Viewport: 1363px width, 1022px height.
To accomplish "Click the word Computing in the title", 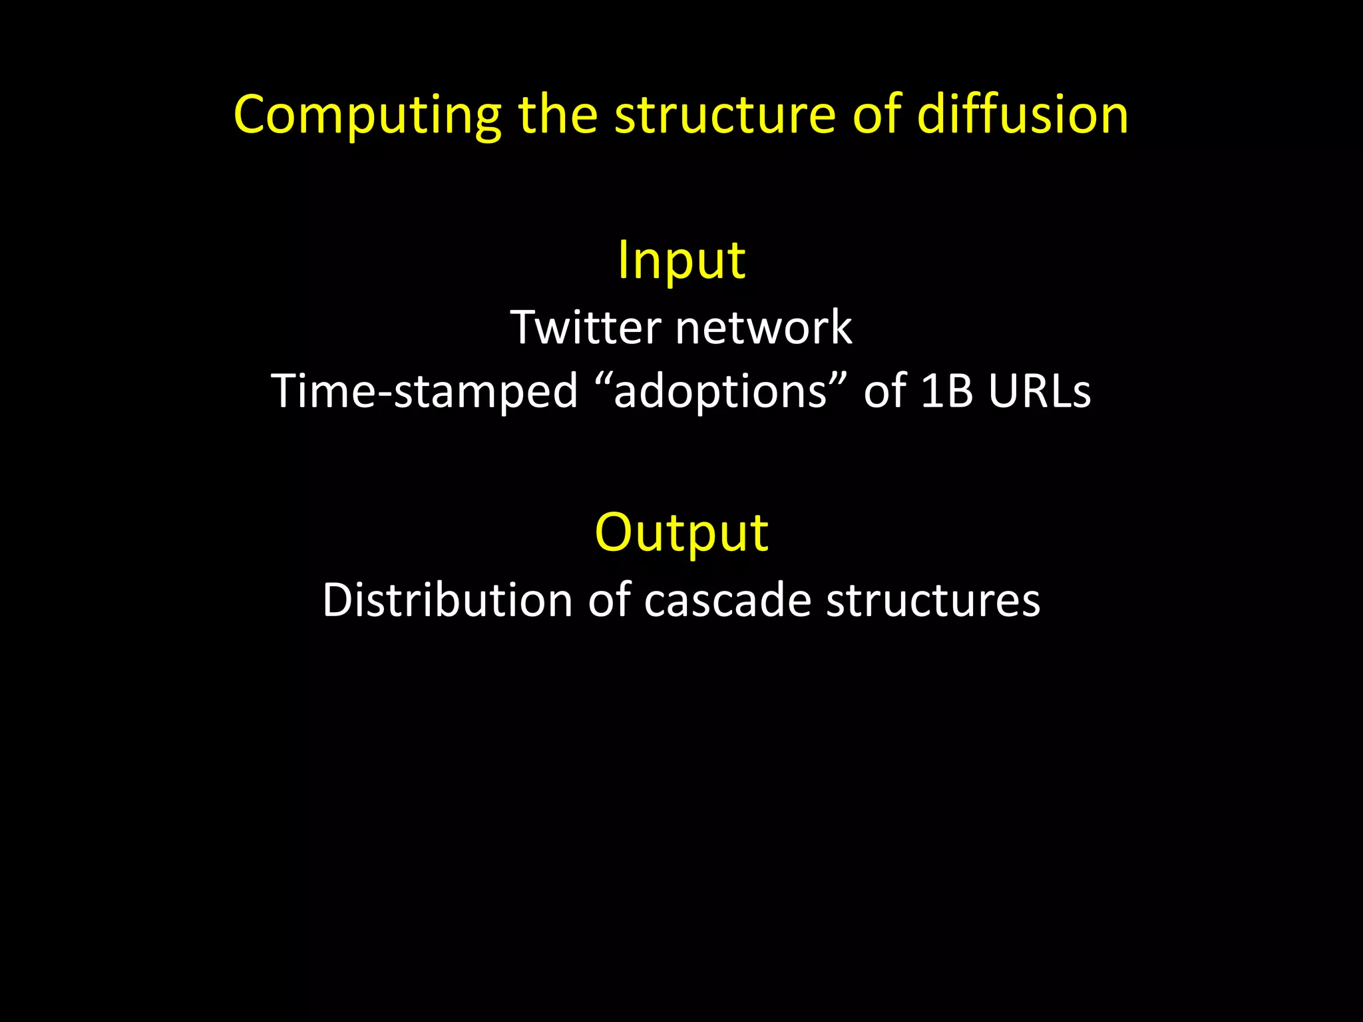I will (367, 116).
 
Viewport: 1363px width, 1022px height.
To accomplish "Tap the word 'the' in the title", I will (558, 114).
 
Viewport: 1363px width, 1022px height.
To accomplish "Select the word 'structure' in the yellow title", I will (725, 114).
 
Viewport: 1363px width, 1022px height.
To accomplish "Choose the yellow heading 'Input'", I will (681, 260).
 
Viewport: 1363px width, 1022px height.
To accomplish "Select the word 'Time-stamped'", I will (425, 391).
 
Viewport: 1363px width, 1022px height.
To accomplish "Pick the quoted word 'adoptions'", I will (720, 391).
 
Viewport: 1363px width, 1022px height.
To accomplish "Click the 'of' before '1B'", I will (885, 391).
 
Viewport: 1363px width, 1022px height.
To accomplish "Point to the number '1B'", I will (947, 391).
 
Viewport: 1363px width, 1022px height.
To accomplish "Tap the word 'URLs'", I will (1040, 391).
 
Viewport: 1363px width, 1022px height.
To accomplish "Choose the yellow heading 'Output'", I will (681, 533).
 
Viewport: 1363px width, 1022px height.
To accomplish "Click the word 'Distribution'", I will (447, 600).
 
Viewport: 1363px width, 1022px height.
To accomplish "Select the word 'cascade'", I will (727, 600).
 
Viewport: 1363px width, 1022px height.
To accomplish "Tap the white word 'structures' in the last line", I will (933, 600).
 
